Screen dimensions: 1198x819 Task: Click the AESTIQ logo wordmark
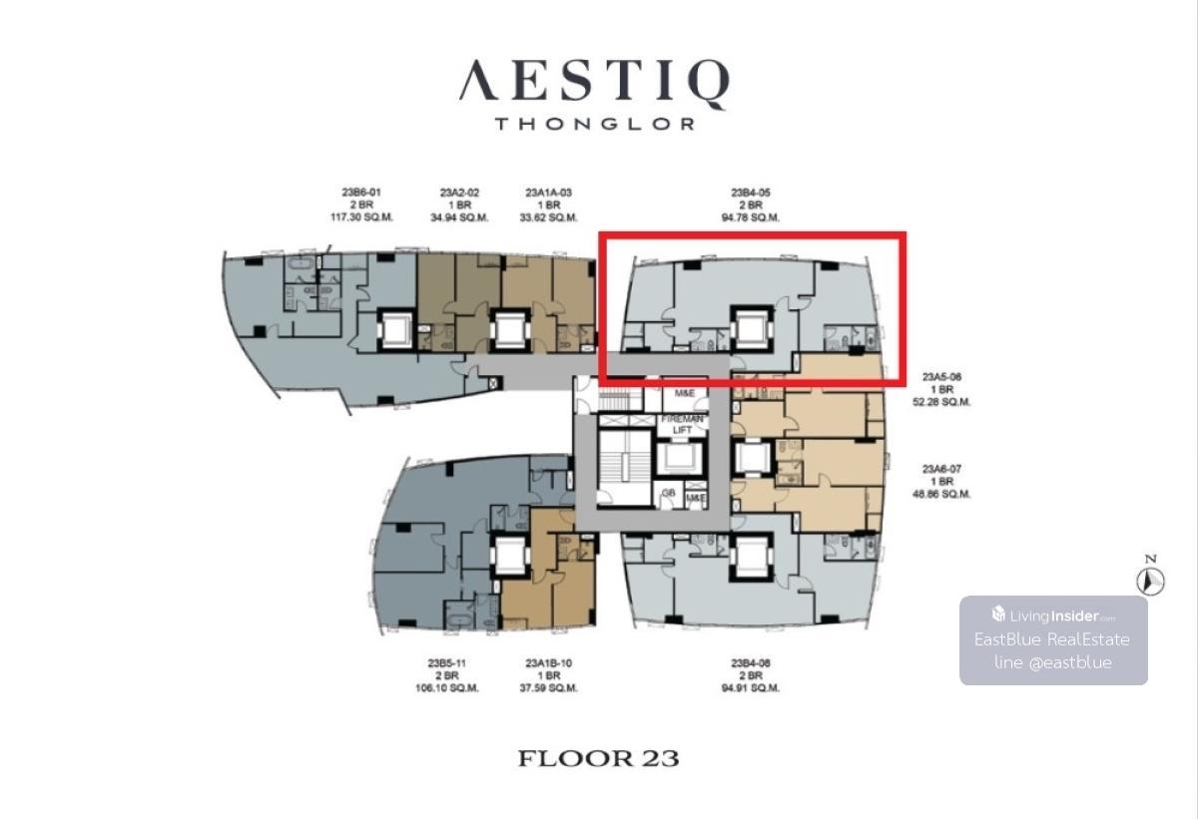594,82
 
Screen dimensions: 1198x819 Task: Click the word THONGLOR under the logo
595,124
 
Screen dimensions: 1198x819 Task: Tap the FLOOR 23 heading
598,758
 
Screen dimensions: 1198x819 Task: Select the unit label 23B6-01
361,193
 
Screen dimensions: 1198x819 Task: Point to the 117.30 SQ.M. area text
361,217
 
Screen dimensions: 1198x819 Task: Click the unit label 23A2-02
459,193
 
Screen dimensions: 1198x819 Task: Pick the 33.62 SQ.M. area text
549,217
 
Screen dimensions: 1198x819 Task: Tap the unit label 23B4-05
751,193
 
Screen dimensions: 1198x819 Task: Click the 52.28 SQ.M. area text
941,402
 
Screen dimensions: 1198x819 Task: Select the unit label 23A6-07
941,469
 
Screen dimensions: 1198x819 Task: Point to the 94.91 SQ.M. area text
751,688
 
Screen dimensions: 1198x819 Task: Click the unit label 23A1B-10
549,663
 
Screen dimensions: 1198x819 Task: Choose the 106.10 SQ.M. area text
447,688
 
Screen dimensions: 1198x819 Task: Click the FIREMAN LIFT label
682,424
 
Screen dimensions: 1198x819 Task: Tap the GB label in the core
669,493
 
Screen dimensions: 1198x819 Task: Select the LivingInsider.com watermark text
1053,615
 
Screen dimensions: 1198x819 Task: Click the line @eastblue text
1053,662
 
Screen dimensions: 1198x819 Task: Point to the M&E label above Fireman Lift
685,393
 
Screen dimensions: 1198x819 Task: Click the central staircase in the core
624,468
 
